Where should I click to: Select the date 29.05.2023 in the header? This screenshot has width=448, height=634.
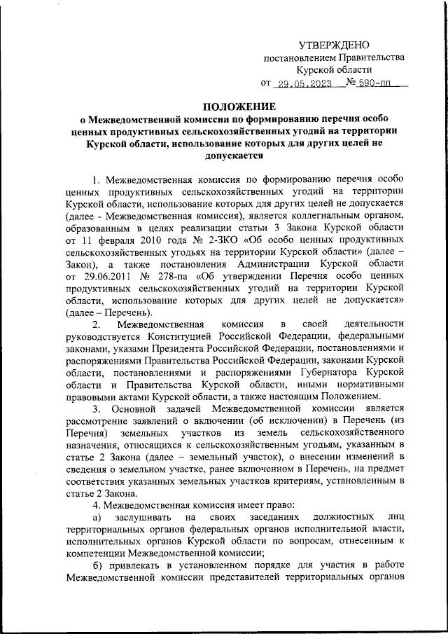(x=303, y=83)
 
